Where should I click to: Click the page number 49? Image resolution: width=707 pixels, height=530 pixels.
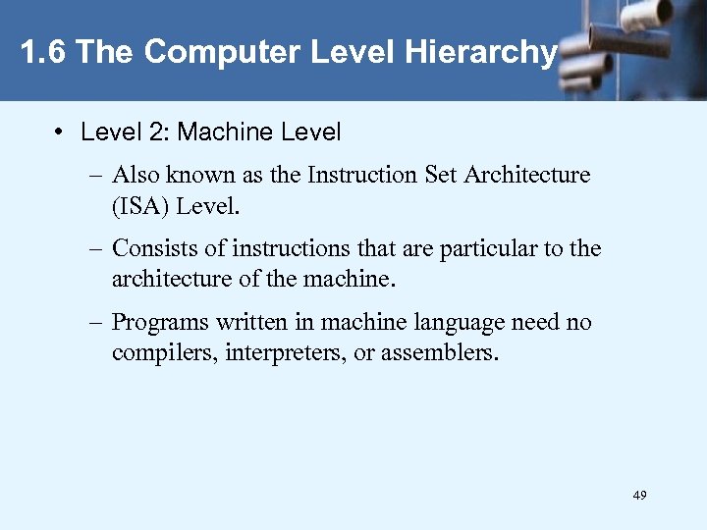(640, 496)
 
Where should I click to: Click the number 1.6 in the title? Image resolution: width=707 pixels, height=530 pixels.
(43, 52)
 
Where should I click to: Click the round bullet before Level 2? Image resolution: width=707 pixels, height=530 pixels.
(61, 132)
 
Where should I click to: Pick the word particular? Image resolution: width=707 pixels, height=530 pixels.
(485, 249)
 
